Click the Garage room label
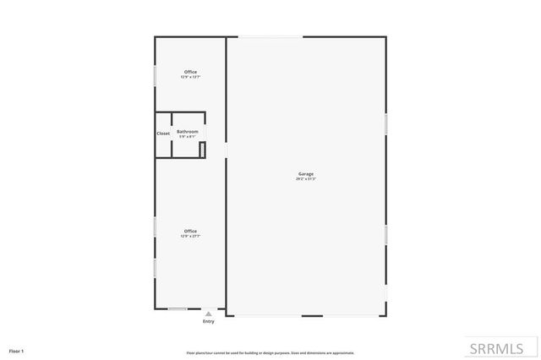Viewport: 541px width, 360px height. coord(305,174)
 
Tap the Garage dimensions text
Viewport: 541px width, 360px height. coord(305,179)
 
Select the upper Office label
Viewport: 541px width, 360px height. coord(190,72)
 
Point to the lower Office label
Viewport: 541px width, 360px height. coord(190,232)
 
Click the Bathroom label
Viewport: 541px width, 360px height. coord(188,131)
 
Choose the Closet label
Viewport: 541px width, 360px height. coord(163,134)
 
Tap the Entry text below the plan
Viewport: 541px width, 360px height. coord(209,322)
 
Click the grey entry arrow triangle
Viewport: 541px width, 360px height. coord(209,314)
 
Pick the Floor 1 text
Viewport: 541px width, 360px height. coord(17,350)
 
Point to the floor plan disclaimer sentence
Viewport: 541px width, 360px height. coord(270,352)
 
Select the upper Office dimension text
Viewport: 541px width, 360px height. coord(190,77)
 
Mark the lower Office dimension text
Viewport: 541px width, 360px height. coord(190,237)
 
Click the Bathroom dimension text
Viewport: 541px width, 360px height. coord(188,136)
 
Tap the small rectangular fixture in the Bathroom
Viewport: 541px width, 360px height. coord(202,150)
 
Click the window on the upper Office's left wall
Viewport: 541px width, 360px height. coord(155,74)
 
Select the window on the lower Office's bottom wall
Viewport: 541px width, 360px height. coord(178,308)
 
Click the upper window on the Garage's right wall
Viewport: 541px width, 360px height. coord(386,123)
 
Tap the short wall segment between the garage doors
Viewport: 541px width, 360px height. coord(312,316)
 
